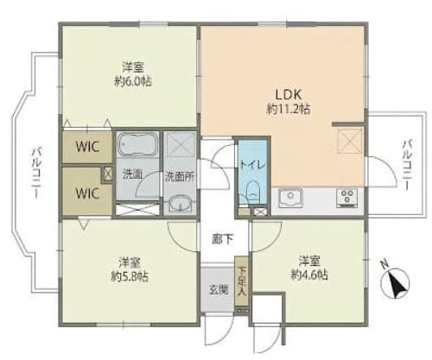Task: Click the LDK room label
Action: [289, 94]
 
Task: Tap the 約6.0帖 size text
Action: [133, 82]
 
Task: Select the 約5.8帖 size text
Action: [130, 276]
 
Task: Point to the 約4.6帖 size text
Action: [309, 275]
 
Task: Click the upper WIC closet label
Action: [87, 147]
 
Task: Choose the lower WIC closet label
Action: [87, 193]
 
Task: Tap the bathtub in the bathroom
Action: [137, 144]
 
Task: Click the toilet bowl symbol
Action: [253, 192]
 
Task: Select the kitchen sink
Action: [290, 199]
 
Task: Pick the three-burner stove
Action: [347, 198]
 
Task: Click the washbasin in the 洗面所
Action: [180, 205]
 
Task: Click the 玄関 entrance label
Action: [219, 291]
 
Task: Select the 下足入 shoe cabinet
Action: [241, 281]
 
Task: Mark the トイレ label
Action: [252, 165]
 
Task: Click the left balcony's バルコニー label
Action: [36, 173]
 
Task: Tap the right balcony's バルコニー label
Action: [406, 165]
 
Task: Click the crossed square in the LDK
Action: [350, 141]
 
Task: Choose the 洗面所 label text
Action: [180, 177]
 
